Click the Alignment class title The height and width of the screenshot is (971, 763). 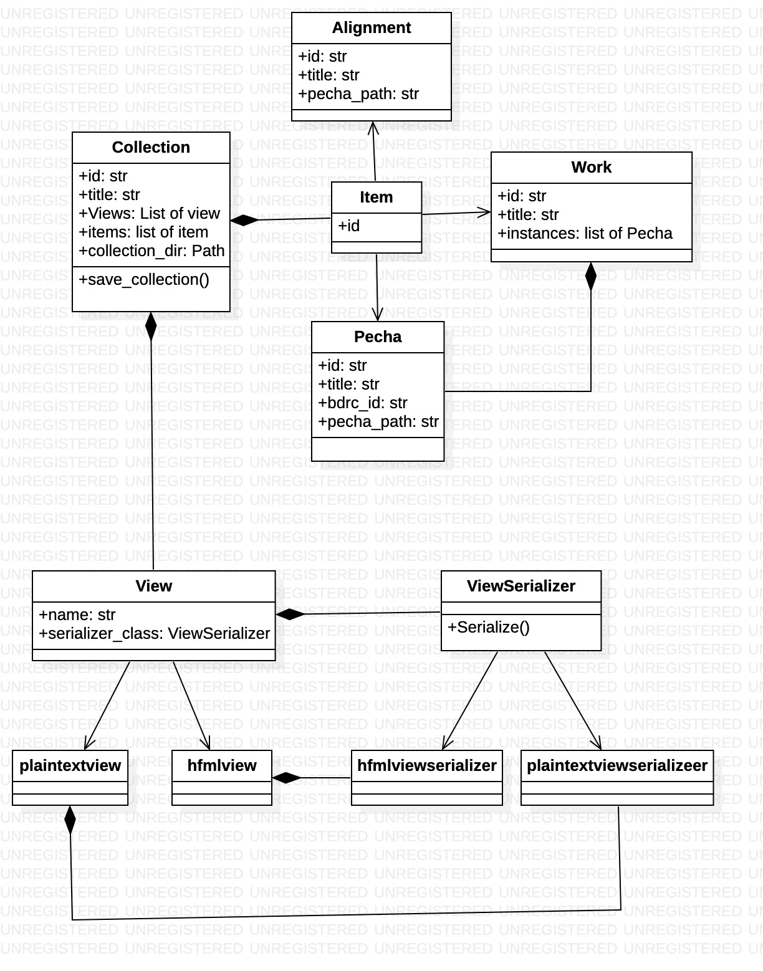point(371,28)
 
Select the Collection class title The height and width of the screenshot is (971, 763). point(151,148)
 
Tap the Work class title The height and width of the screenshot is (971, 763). point(591,168)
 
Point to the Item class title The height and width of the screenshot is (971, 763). point(376,198)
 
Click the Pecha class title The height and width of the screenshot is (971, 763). point(378,337)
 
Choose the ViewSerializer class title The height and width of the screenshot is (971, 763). point(521,586)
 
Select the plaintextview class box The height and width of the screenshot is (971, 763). point(70,777)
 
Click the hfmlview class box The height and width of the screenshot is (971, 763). point(222,777)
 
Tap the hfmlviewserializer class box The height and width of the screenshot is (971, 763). point(426,777)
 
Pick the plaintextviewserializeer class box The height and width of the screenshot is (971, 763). point(617,777)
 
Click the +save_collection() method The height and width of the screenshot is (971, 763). point(144,280)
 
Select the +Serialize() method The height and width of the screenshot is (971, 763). point(488,628)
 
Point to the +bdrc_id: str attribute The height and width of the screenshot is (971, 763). point(362,403)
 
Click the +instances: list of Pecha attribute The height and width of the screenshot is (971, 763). point(585,234)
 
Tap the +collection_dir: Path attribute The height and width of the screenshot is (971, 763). point(151,251)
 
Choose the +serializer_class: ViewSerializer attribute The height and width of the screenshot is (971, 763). point(154,634)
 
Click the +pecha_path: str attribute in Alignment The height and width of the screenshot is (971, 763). point(358,94)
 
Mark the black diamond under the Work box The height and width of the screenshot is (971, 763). point(590,276)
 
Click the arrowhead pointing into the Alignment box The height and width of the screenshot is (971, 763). point(373,127)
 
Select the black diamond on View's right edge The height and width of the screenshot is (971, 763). point(290,615)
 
